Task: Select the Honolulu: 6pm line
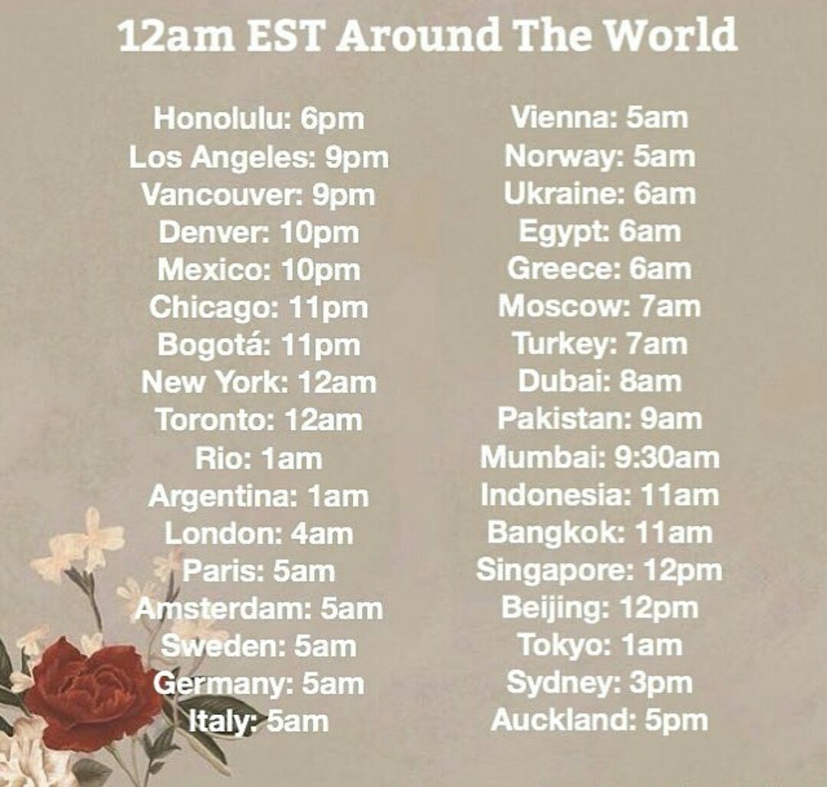(x=258, y=119)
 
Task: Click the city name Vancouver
(x=218, y=194)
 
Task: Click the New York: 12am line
(x=258, y=382)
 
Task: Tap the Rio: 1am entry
(x=258, y=458)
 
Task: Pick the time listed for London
(x=323, y=533)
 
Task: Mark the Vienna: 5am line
(x=599, y=118)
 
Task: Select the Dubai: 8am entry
(x=599, y=381)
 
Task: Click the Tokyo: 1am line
(x=599, y=645)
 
